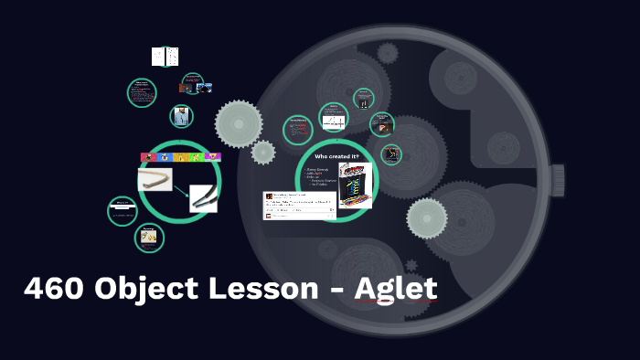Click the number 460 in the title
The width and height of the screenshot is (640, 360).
click(53, 290)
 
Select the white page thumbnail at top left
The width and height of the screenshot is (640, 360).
click(165, 57)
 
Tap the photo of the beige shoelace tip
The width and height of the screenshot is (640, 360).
click(155, 179)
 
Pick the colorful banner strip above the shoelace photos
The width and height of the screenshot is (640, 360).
click(180, 157)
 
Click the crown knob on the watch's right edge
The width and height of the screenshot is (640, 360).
click(557, 175)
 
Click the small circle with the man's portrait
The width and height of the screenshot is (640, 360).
click(182, 117)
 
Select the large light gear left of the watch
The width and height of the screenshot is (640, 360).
click(239, 122)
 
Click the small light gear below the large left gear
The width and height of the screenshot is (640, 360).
click(263, 153)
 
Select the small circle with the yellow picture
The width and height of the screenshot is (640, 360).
click(148, 238)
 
